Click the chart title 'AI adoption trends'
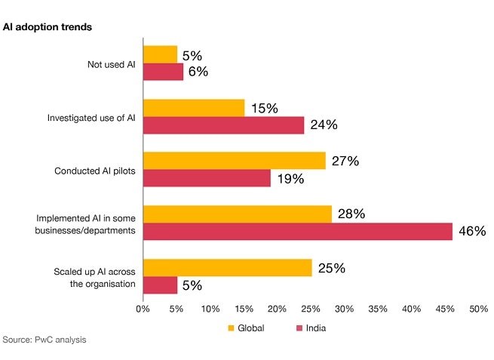coord(48,27)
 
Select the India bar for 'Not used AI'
coord(163,72)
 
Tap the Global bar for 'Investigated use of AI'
coord(194,108)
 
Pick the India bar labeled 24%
coord(224,125)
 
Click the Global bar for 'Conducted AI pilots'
coord(235,161)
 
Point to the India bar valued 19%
coord(207,178)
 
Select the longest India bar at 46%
coord(298,232)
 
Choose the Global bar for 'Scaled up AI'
coord(228,268)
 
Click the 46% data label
coord(472,231)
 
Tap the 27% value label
coord(345,161)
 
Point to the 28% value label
coord(351,214)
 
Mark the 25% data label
coord(332,268)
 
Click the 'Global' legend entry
coord(246,328)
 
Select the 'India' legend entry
coord(311,328)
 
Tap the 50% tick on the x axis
coord(479,309)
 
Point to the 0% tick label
coord(143,309)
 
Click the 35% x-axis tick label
coord(378,309)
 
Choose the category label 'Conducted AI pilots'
coord(95,171)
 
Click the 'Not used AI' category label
coord(112,65)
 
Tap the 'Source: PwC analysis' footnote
coord(44,340)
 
